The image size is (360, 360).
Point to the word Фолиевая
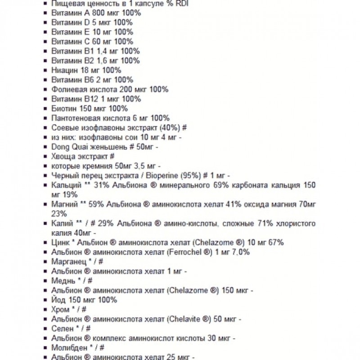[67, 89]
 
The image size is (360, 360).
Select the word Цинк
[60, 243]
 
